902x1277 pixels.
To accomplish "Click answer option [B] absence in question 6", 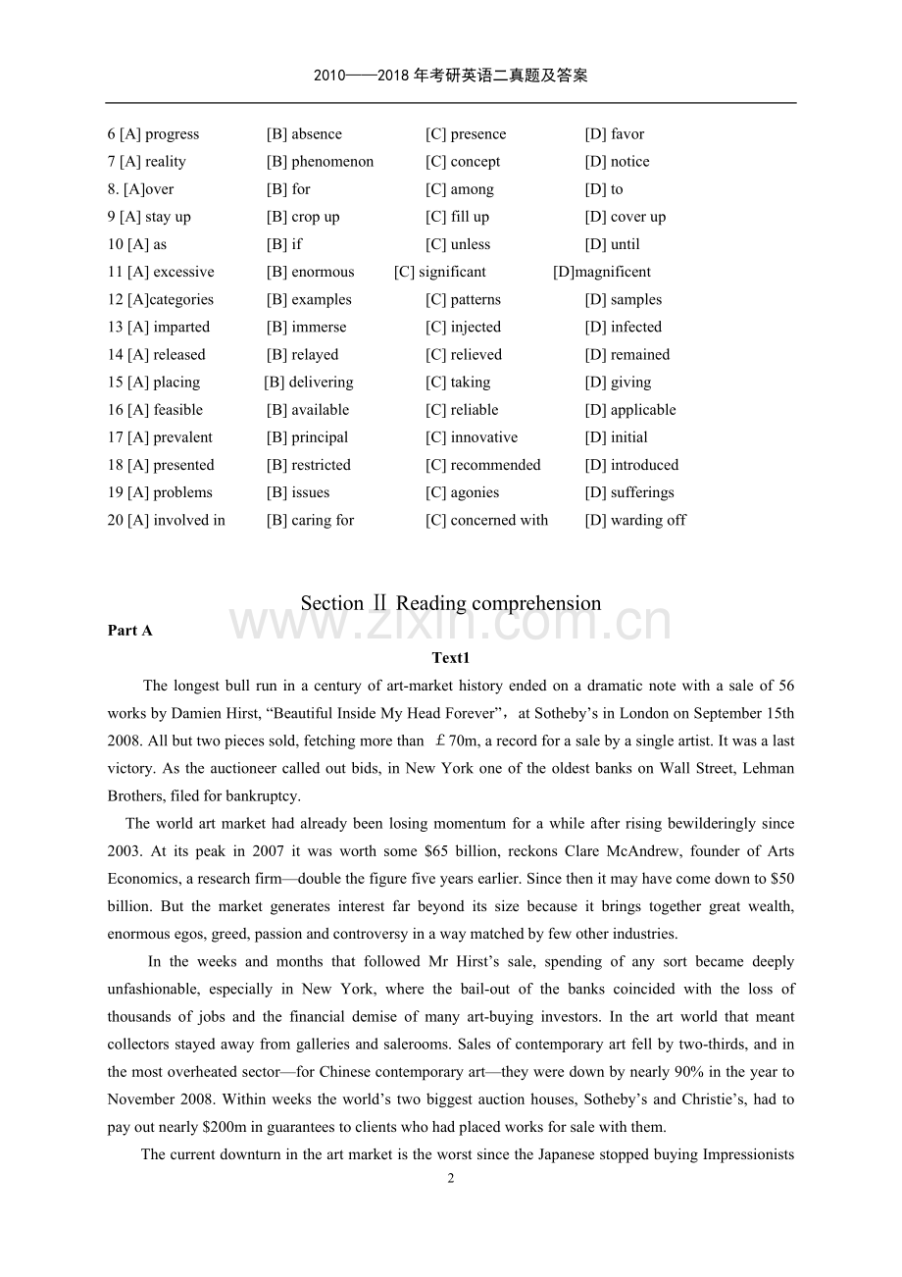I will click(304, 134).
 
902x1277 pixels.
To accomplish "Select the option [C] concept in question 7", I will click(463, 162).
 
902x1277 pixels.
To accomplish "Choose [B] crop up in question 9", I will click(303, 217).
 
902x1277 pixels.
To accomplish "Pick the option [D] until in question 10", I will click(612, 244).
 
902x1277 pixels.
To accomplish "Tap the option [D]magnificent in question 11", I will click(602, 272).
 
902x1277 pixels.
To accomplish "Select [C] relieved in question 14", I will click(463, 354).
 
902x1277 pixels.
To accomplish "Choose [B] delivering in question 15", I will click(309, 382).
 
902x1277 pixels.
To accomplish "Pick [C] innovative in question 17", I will click(472, 437).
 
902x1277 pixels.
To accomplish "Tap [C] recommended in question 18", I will click(482, 465).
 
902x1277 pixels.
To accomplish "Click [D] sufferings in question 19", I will click(629, 492).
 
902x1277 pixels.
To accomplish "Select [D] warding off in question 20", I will click(635, 520).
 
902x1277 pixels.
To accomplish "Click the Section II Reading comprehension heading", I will click(451, 603).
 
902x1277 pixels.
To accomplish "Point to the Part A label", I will click(130, 631).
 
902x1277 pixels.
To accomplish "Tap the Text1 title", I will click(451, 658).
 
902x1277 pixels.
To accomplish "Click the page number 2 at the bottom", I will click(451, 1178).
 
